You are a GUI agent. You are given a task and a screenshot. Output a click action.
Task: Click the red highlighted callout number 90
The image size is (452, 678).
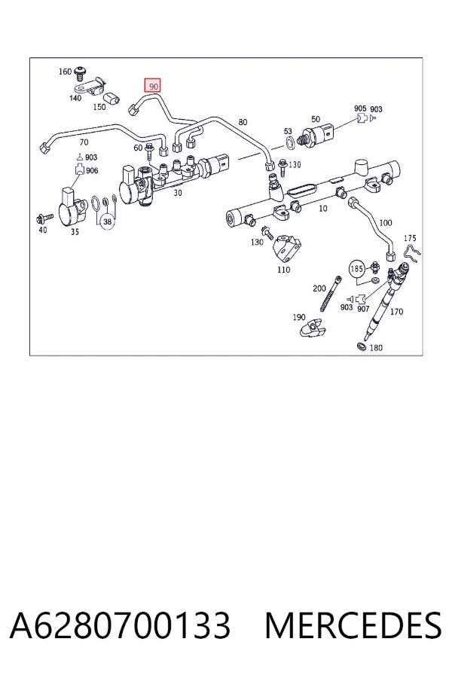(153, 86)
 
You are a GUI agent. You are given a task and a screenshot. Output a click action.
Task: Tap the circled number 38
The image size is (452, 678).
(108, 221)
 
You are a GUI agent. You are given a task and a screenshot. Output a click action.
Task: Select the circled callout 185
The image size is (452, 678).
(356, 269)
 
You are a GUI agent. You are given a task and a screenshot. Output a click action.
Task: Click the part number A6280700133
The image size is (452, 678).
(120, 625)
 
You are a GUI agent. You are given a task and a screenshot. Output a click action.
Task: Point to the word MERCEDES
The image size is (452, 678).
(353, 625)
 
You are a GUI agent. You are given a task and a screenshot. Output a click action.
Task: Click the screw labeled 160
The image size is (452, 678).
(80, 74)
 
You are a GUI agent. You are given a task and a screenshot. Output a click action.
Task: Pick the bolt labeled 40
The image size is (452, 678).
(44, 217)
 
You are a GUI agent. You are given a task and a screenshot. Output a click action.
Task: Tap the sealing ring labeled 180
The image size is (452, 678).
(360, 346)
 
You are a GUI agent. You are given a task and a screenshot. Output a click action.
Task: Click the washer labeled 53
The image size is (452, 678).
(290, 141)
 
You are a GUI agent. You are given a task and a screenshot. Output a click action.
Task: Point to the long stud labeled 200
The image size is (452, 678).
(330, 294)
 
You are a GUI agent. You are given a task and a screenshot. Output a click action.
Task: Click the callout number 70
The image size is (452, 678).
(84, 142)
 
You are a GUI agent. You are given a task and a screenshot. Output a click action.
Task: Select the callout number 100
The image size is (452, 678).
(385, 223)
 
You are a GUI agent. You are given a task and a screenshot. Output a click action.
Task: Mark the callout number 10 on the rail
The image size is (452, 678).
(322, 209)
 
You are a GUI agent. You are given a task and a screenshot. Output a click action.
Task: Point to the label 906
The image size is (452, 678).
(92, 170)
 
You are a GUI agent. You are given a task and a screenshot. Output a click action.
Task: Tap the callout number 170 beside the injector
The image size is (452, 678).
(396, 311)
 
